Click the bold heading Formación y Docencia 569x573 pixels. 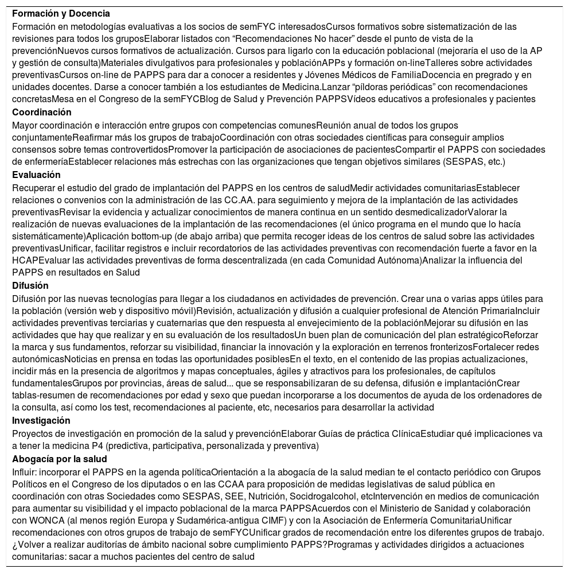click(x=61, y=13)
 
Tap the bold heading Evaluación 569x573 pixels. click(x=37, y=175)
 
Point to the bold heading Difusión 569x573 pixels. click(x=30, y=286)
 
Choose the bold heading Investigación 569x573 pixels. click(x=41, y=421)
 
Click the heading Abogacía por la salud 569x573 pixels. click(x=60, y=459)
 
